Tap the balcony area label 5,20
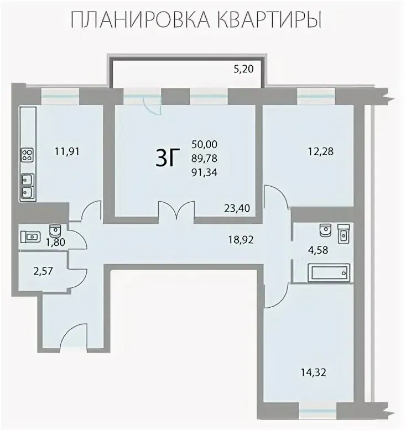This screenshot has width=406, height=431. [243, 69]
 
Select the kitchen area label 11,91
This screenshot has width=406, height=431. [67, 151]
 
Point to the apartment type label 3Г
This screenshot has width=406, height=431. [168, 157]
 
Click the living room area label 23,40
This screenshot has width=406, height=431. [237, 208]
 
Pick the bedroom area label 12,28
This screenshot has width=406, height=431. [320, 151]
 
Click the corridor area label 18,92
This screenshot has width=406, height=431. [241, 240]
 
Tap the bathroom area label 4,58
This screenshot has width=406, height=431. [318, 250]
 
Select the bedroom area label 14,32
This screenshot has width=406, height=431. [313, 373]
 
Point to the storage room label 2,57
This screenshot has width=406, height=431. [43, 271]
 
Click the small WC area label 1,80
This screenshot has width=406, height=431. [55, 242]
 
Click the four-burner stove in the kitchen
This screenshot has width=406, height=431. [28, 155]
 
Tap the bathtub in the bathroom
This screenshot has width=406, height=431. [329, 273]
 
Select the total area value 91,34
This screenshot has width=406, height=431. [204, 172]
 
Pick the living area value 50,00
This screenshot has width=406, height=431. [204, 144]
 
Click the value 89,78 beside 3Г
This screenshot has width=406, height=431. [204, 158]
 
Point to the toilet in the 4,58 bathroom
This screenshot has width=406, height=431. [325, 230]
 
